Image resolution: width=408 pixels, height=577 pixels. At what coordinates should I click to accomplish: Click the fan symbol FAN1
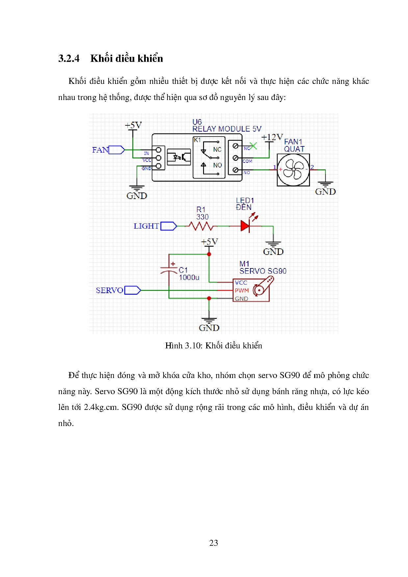coord(293,170)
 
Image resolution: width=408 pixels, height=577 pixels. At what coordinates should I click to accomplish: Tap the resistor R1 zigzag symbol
coord(201,226)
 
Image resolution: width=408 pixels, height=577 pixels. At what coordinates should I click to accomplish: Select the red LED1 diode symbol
coord(245,226)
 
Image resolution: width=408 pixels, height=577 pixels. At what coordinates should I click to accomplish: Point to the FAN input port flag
coord(116,150)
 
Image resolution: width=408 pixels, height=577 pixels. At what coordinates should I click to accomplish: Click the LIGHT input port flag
coord(168,226)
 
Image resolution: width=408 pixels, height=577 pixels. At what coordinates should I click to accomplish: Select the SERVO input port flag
coord(132,290)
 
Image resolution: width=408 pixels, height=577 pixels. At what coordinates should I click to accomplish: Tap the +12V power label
coord(272,137)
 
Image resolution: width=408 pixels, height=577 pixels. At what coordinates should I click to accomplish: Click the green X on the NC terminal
coord(253,146)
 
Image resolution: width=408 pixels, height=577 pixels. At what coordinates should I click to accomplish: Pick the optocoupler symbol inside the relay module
coord(179,157)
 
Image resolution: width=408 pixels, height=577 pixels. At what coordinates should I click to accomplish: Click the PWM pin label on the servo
coord(242,290)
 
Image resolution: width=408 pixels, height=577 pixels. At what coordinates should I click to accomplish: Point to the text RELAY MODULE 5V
coord(227,129)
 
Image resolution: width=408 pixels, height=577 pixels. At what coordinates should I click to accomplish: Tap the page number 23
coord(214,542)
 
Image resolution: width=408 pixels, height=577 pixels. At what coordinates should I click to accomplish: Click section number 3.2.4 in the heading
coord(69,59)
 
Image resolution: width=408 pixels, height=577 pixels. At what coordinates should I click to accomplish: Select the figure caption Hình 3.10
coord(214,345)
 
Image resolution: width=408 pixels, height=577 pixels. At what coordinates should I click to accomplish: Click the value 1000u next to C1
coord(189,277)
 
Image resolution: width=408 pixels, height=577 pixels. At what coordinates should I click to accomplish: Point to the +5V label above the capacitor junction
coord(209,242)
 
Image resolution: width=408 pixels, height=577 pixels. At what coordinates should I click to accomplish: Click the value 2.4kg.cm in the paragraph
coord(101,407)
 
